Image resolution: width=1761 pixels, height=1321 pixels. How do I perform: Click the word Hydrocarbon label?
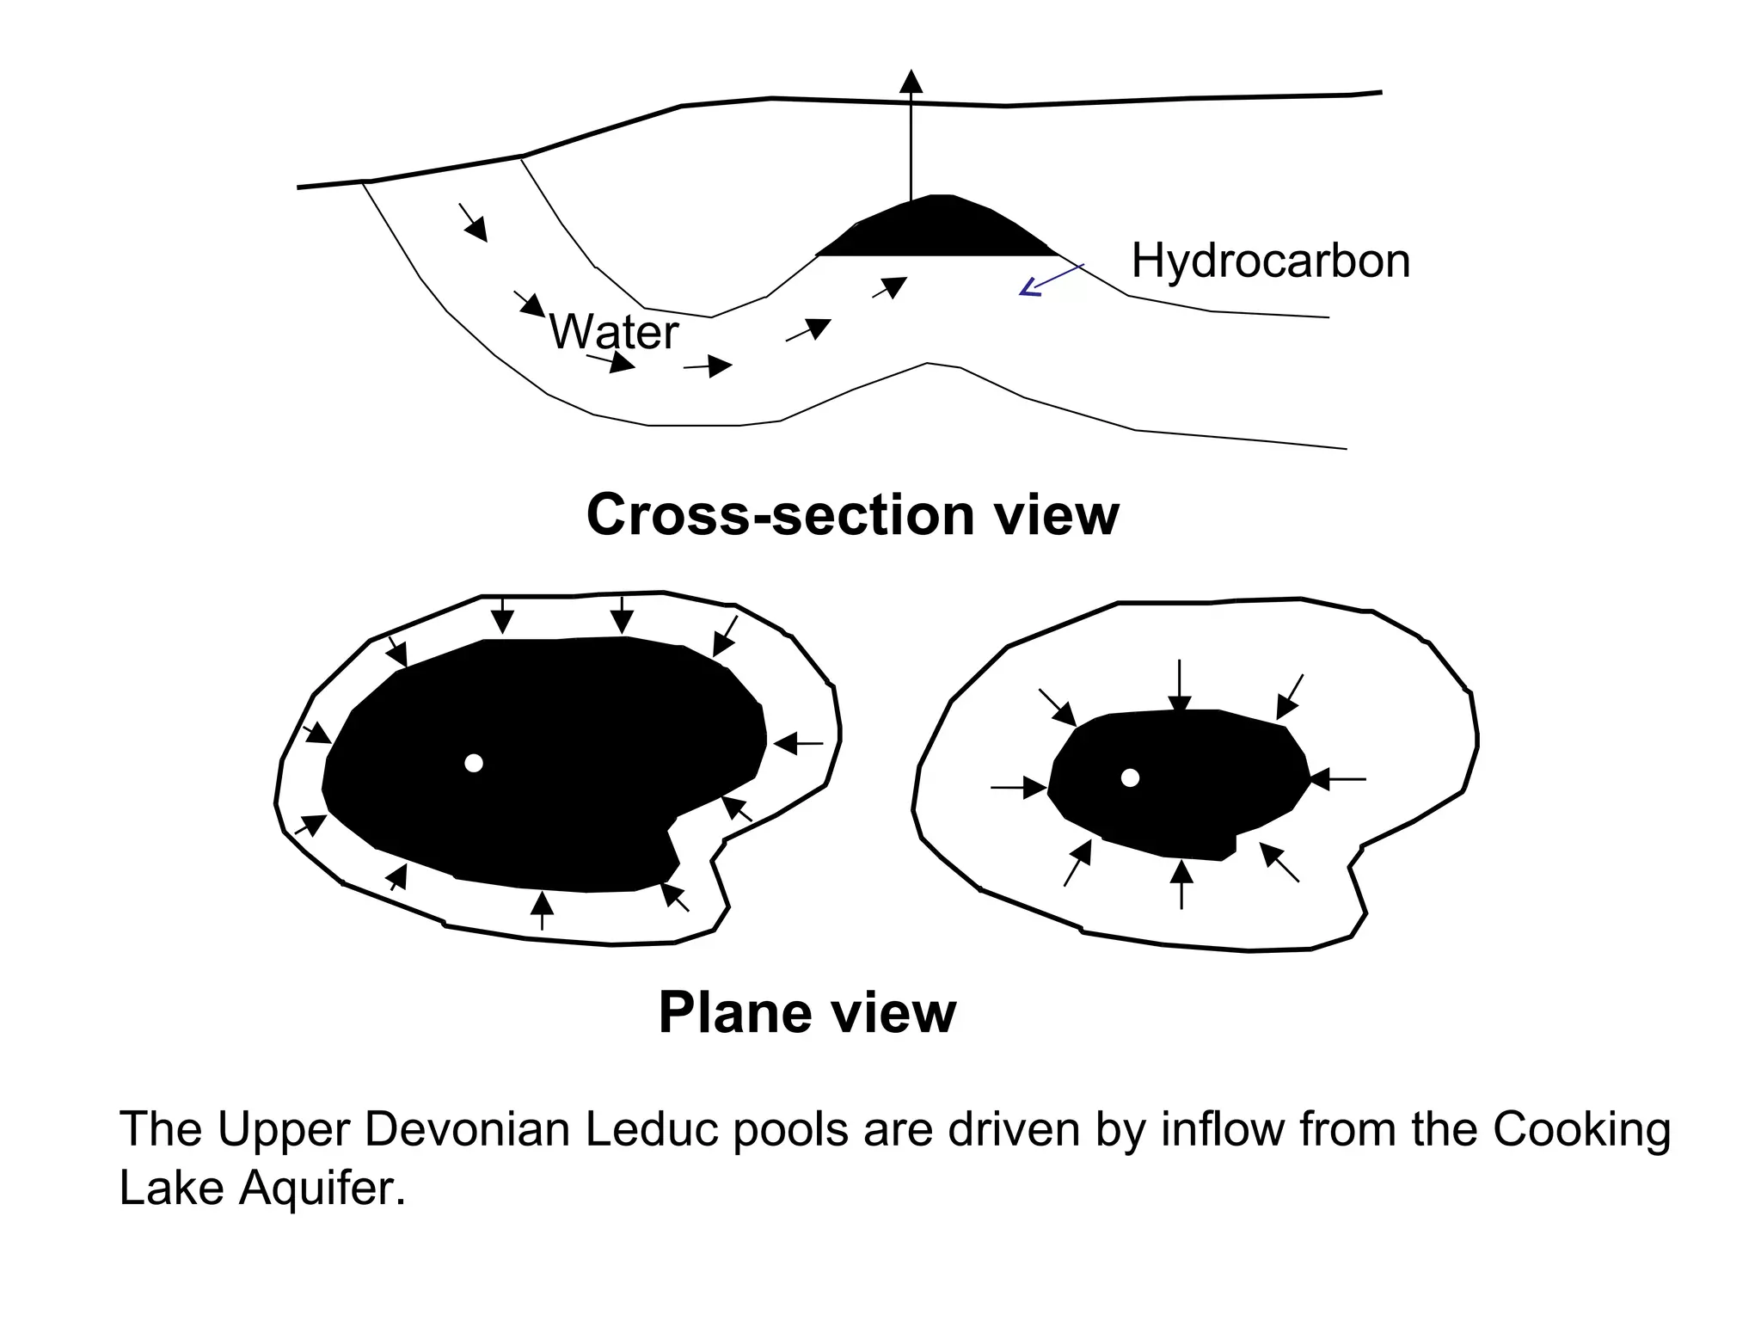(x=1270, y=260)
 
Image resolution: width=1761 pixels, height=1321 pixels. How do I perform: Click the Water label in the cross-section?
(x=614, y=331)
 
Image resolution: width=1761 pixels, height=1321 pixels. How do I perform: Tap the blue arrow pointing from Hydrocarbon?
(x=1051, y=280)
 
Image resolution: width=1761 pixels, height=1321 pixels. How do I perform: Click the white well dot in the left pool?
(x=473, y=763)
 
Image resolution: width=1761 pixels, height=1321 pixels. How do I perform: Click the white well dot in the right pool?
(x=1131, y=777)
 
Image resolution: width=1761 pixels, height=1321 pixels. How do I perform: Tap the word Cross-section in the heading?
(x=781, y=514)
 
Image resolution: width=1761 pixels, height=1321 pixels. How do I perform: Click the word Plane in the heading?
(x=733, y=1012)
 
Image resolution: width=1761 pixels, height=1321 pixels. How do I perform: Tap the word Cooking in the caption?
(x=1581, y=1128)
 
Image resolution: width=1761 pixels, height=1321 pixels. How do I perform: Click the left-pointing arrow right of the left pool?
(x=798, y=743)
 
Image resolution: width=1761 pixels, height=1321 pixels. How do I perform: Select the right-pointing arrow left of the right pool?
(x=1019, y=787)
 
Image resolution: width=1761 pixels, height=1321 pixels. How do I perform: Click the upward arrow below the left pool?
(x=542, y=910)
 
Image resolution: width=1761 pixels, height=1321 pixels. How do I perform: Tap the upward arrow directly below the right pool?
(x=1181, y=884)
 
